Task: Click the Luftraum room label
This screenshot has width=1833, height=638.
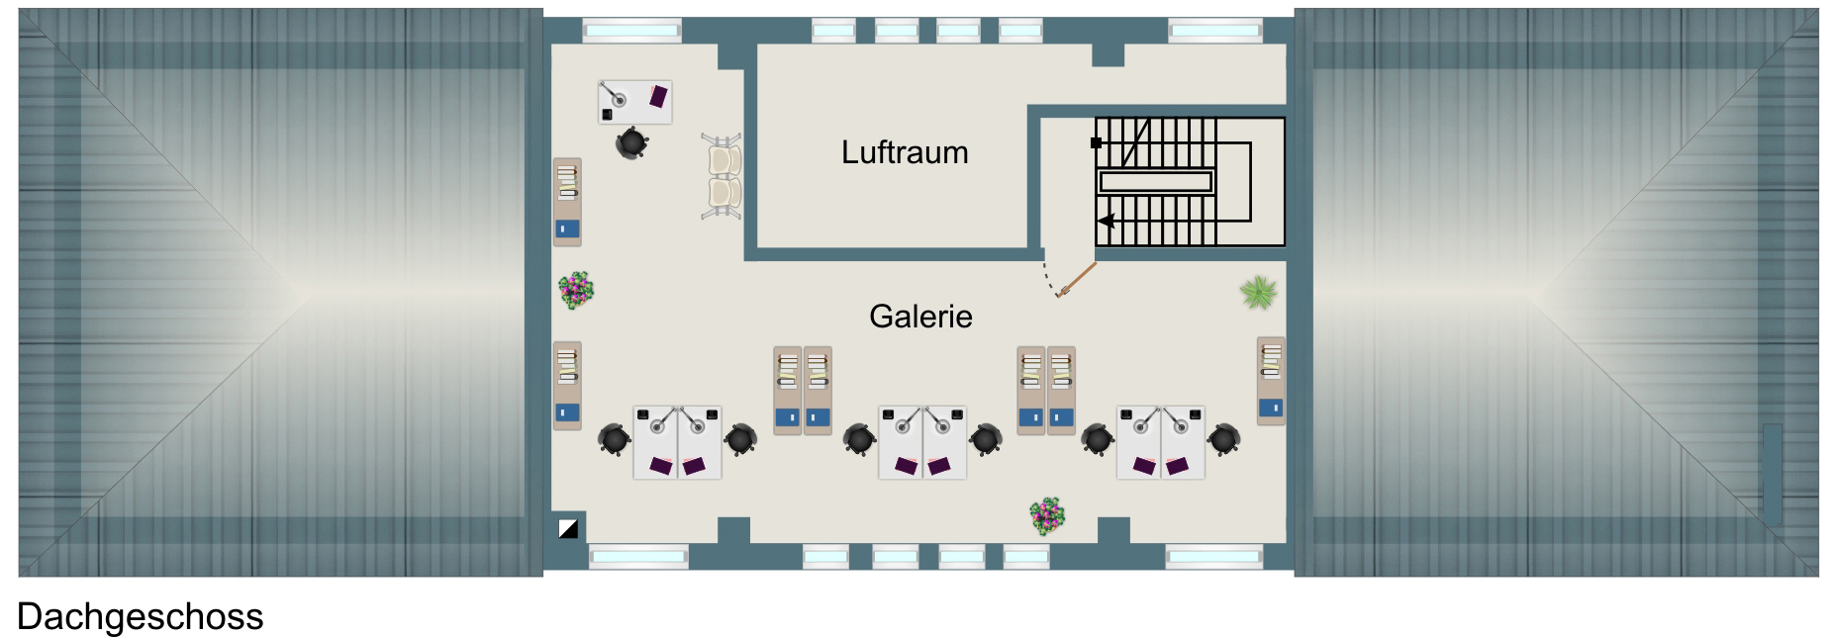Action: tap(905, 152)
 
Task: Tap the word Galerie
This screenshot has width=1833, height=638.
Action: tap(920, 317)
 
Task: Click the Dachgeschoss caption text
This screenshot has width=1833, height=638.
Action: tap(140, 616)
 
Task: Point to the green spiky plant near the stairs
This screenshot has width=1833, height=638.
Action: tap(1258, 292)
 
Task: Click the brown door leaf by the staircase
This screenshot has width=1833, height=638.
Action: tap(1077, 279)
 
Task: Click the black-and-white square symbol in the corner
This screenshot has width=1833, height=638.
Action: tap(568, 528)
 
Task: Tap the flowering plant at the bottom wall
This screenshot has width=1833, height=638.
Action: tap(1047, 514)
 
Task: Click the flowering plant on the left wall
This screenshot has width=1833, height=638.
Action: tap(575, 290)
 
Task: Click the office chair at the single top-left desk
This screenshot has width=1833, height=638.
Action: tap(631, 143)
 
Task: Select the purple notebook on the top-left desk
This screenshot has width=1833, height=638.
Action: tap(658, 95)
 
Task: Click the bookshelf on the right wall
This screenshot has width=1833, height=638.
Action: tap(1271, 381)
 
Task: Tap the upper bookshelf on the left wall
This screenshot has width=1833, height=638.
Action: tap(567, 202)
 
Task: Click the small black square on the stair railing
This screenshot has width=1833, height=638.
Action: tap(1096, 143)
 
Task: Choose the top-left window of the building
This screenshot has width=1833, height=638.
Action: tap(631, 31)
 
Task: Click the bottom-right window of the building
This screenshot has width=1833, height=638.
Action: tap(1213, 557)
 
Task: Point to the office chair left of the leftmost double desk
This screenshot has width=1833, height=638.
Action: tap(615, 438)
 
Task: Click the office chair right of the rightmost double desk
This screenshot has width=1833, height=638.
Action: tap(1225, 438)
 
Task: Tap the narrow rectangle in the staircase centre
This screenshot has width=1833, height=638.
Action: tap(1155, 181)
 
